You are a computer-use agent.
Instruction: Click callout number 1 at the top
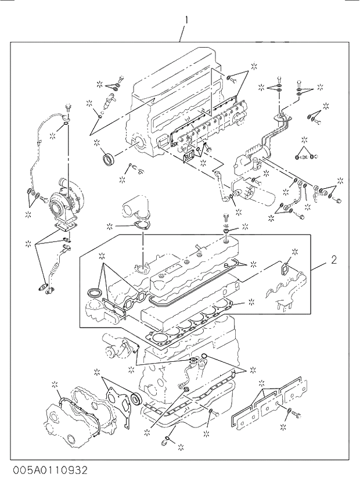pyautogui.click(x=186, y=20)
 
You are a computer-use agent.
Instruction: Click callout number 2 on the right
pyautogui.click(x=334, y=260)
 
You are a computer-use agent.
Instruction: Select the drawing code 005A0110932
pyautogui.click(x=44, y=468)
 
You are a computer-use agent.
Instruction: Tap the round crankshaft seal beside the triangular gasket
pyautogui.click(x=135, y=398)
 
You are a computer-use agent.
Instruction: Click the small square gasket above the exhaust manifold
pyautogui.click(x=286, y=269)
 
